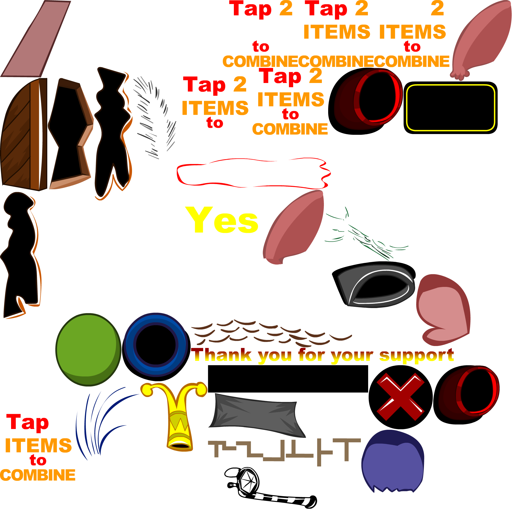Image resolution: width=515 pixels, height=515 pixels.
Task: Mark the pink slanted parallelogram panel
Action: (x=36, y=39)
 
